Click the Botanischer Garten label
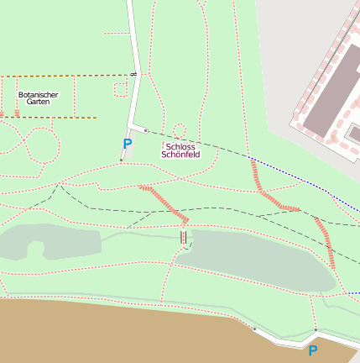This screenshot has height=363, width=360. [x=38, y=98]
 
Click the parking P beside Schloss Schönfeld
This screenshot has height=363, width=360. [x=128, y=144]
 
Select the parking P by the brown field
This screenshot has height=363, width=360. [x=313, y=350]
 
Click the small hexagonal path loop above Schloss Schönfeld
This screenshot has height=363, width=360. [x=179, y=130]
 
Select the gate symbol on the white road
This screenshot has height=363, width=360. [x=133, y=76]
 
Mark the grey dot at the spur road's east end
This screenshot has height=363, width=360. [x=145, y=131]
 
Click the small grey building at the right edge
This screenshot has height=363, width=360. [x=355, y=134]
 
